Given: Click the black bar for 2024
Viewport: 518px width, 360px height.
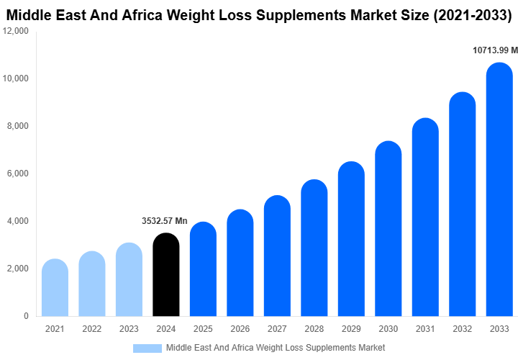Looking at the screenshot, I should pos(166,274).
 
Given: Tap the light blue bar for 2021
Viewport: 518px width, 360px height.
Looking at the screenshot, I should pos(55,287).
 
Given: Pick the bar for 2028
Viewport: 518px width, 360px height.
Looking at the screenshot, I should pos(314,248).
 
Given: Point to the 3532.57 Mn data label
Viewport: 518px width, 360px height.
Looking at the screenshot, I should pos(165,221).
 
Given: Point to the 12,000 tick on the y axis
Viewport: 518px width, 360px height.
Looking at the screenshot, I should pos(16,31).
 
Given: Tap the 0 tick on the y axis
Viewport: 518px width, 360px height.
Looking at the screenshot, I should pos(26,316).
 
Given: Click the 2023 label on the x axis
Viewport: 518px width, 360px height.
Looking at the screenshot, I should pos(129,329).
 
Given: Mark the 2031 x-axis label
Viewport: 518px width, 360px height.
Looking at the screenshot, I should pos(425,329).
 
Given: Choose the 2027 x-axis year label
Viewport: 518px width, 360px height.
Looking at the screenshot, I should pos(277,329).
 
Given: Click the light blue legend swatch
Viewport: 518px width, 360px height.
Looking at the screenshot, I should pos(147,348).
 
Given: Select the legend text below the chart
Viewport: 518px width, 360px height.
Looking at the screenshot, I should pos(276,348).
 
